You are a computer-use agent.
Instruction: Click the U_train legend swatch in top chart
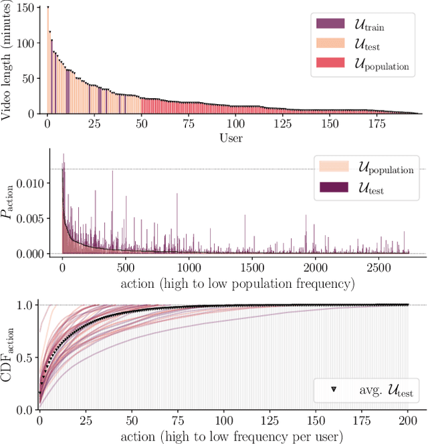click(x=330, y=25)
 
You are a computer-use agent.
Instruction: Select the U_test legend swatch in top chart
click(x=330, y=44)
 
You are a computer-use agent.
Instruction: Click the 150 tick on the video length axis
click(x=26, y=8)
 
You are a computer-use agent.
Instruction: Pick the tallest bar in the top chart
click(x=47, y=60)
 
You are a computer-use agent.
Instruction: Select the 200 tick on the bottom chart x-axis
click(x=407, y=421)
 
